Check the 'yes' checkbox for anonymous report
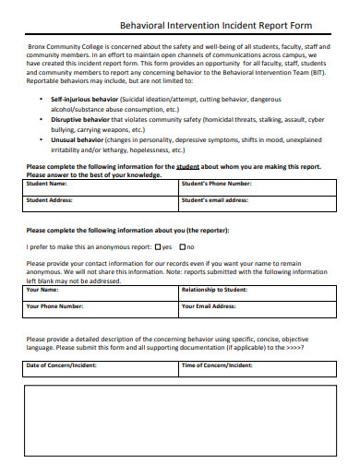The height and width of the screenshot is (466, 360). coord(159,246)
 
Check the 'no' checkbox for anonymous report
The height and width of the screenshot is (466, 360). coord(183,246)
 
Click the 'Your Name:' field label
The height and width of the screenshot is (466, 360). coord(44,290)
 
